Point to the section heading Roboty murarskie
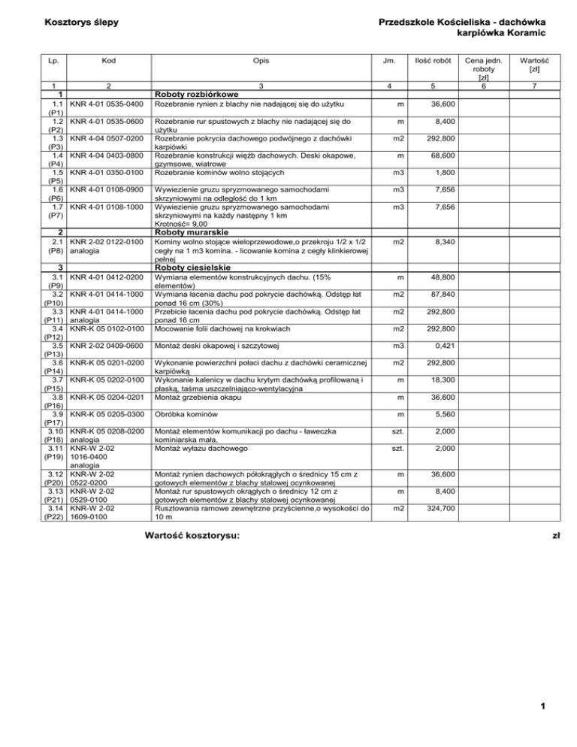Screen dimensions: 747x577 (x=191, y=232)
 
